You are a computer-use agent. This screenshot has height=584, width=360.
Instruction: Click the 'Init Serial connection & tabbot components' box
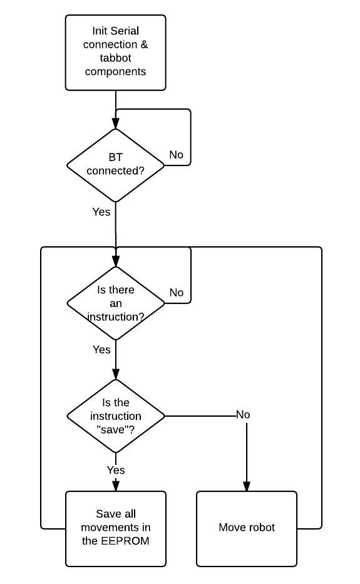(115, 53)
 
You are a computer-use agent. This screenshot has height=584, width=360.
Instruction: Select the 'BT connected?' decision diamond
(115, 165)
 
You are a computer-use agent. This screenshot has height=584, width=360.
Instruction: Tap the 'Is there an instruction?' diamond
(115, 303)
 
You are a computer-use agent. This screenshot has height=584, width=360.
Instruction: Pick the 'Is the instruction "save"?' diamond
(115, 416)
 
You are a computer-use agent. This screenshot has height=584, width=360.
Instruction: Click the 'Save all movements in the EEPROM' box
(115, 529)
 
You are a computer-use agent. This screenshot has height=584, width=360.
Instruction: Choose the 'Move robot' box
(247, 529)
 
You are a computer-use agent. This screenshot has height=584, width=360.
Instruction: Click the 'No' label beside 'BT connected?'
(176, 155)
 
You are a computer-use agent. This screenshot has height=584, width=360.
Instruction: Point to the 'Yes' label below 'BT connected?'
(101, 212)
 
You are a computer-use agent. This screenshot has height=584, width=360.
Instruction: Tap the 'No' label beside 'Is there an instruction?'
(177, 293)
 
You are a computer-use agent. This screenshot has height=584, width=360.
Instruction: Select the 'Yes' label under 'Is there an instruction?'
(101, 350)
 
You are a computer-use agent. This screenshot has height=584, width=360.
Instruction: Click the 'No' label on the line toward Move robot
(243, 415)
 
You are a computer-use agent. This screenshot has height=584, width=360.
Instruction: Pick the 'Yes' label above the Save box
(116, 470)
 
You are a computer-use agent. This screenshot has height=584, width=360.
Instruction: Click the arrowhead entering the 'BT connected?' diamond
(116, 123)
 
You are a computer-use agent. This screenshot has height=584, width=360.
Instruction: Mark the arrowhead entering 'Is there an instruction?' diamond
(116, 261)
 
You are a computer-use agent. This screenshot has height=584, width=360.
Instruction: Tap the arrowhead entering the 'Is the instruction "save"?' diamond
(116, 374)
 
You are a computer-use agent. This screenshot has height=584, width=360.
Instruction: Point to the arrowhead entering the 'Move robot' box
(247, 486)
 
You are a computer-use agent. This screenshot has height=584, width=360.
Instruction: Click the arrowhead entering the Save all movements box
(116, 486)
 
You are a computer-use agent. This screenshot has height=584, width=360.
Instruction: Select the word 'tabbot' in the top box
(115, 58)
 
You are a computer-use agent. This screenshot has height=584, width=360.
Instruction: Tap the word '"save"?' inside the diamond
(115, 429)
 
